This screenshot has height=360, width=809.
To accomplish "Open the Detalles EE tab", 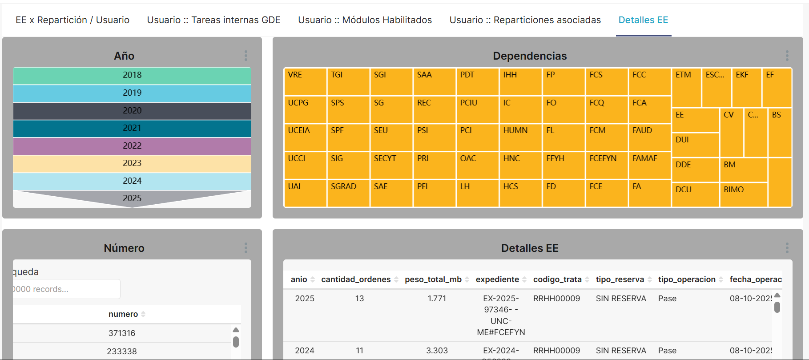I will pyautogui.click(x=643, y=20).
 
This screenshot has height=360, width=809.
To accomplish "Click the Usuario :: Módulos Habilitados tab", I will pyautogui.click(x=365, y=20).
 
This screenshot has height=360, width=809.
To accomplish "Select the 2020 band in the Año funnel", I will pyautogui.click(x=132, y=110).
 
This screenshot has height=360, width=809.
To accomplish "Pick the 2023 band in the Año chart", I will pyautogui.click(x=132, y=163).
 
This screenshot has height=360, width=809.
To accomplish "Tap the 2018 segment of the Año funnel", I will pyautogui.click(x=132, y=75).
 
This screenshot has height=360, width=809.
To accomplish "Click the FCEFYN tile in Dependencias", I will pyautogui.click(x=606, y=165).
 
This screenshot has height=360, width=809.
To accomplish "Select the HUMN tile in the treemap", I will pyautogui.click(x=520, y=137).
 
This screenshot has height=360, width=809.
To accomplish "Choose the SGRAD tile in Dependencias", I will pyautogui.click(x=348, y=193).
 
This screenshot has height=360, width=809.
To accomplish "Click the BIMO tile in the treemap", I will pyautogui.click(x=743, y=195).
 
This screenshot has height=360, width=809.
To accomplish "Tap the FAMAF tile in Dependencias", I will pyautogui.click(x=649, y=165).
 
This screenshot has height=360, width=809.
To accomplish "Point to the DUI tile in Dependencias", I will pyautogui.click(x=695, y=145).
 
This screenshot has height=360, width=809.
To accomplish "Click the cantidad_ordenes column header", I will pyautogui.click(x=356, y=279).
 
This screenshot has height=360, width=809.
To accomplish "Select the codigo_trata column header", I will pyautogui.click(x=557, y=279).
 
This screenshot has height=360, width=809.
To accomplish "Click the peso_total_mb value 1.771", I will pyautogui.click(x=437, y=299).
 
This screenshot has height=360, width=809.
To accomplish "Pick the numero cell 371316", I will pyautogui.click(x=122, y=333).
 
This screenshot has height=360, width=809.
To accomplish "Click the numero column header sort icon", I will pyautogui.click(x=143, y=314).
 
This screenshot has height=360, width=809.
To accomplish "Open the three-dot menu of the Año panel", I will pyautogui.click(x=246, y=56).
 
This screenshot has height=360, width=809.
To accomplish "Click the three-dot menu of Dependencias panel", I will pyautogui.click(x=787, y=56).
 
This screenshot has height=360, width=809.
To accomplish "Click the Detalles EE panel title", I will pyautogui.click(x=530, y=248).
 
